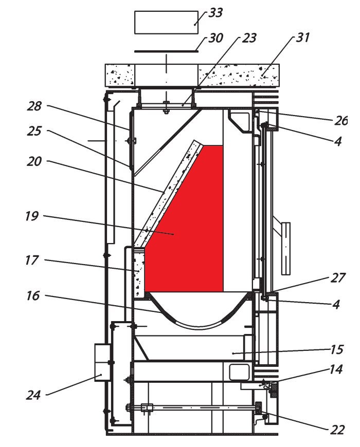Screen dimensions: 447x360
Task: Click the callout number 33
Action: click(x=216, y=13)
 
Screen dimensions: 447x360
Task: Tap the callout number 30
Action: click(x=215, y=39)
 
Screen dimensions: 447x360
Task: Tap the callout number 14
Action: click(x=337, y=371)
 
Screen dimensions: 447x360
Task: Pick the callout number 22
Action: click(x=337, y=430)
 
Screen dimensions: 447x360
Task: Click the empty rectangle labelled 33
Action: click(x=166, y=22)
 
